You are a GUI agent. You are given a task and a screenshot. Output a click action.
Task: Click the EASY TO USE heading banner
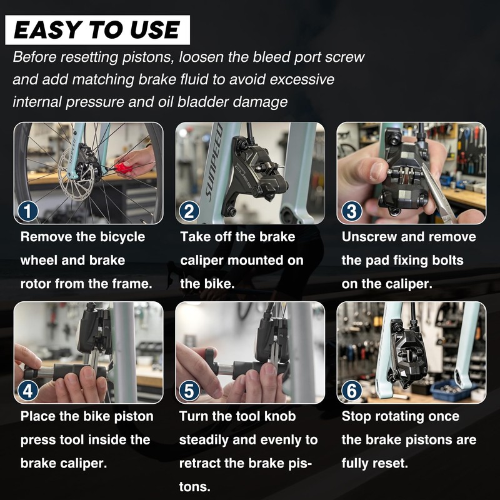[x=97, y=30]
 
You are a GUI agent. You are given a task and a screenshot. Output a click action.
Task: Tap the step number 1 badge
[x=28, y=211]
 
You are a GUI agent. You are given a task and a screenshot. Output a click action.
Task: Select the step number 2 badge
[x=189, y=211]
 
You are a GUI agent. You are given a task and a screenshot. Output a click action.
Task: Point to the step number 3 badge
[x=351, y=211]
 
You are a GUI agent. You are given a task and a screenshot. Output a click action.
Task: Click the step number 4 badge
[x=28, y=391]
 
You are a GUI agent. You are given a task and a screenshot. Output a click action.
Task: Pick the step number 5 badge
[x=189, y=391]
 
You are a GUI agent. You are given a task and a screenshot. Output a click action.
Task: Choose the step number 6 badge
[x=351, y=391]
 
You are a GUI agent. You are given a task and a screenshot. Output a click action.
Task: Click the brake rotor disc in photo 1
[x=76, y=174]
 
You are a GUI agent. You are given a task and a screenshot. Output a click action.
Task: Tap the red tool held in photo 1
[x=122, y=167]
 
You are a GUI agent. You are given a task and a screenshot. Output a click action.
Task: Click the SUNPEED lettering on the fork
[x=213, y=162]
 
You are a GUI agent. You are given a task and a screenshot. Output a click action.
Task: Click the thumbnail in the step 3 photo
[x=378, y=171]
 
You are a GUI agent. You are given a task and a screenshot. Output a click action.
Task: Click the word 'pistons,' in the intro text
[x=149, y=57]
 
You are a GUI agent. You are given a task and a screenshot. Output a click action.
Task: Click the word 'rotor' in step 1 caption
[x=36, y=284]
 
